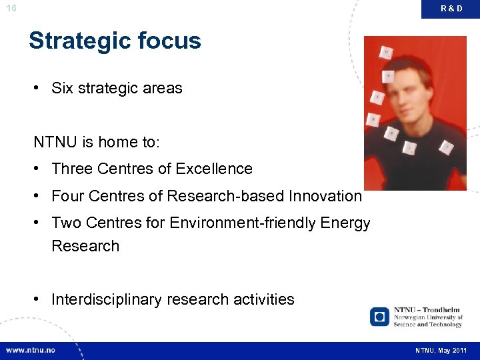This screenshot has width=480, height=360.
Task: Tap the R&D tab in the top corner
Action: tap(451, 9)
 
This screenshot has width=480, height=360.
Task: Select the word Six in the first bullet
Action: tap(63, 89)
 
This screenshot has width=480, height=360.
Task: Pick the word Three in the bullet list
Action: tap(72, 169)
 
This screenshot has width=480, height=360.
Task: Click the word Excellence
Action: tap(214, 169)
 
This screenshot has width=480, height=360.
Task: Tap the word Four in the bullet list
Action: tap(67, 196)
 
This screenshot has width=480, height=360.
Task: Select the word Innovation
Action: tap(325, 196)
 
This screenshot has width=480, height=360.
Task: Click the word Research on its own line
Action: tap(85, 246)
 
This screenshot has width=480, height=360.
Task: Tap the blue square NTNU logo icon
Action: tap(379, 316)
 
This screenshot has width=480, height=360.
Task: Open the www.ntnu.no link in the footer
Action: tap(31, 350)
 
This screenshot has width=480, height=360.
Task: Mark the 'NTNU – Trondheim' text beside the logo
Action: tap(427, 310)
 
